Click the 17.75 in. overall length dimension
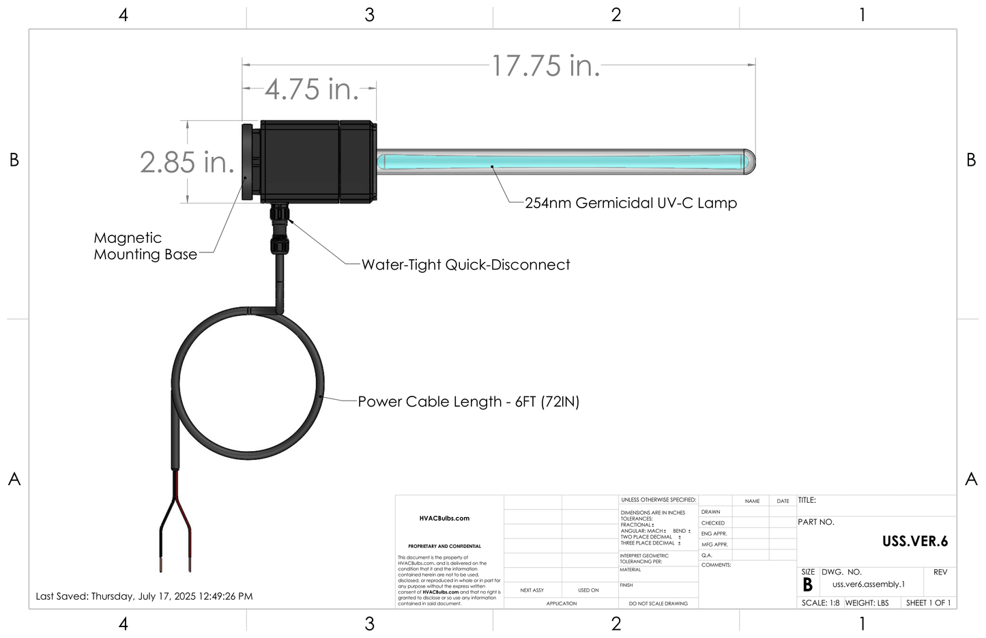[546, 66]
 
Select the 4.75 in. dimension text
[312, 89]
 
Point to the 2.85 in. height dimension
[187, 162]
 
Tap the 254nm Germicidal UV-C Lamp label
[630, 203]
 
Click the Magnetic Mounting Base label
[145, 246]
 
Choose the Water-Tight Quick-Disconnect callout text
[465, 265]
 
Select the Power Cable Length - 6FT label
[468, 402]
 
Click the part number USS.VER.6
[914, 542]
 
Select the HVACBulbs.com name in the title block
[444, 519]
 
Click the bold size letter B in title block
[808, 585]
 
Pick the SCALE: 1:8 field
[820, 603]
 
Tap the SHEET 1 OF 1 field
[928, 603]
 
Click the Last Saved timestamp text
[144, 596]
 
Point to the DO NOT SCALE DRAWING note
[658, 604]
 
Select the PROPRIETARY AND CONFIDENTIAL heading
[444, 547]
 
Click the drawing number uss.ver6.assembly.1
[868, 585]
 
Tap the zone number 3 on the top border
[369, 15]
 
